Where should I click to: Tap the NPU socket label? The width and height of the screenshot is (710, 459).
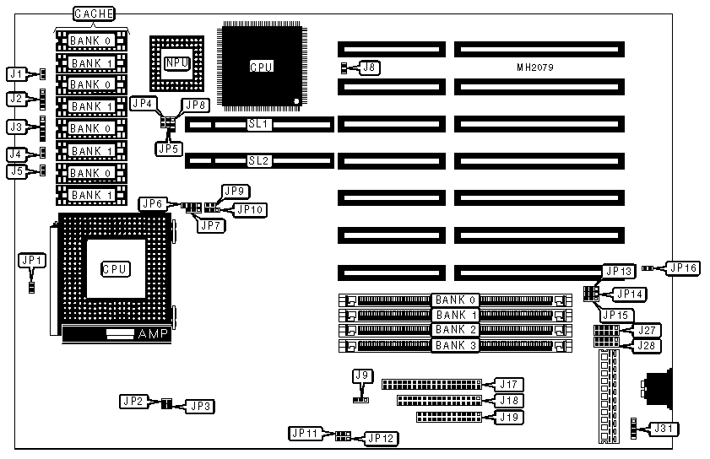pos(177,62)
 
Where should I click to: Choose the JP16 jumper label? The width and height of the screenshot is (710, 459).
pos(683,267)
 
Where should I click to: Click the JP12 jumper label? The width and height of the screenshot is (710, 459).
pos(380,438)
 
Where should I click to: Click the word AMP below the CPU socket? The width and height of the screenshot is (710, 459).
pos(153,335)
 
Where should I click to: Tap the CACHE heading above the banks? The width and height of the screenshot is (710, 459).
pos(94,14)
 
